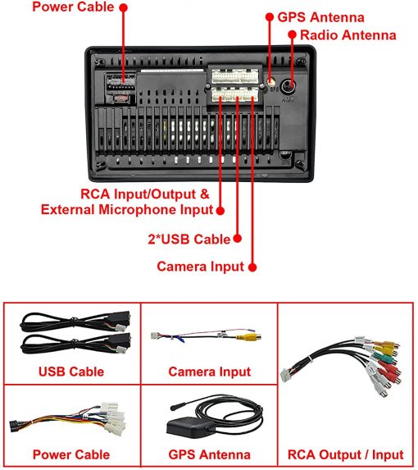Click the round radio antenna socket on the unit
(289, 86)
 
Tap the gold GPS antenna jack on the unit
(271, 82)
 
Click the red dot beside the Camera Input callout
(252, 267)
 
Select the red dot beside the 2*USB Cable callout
(238, 239)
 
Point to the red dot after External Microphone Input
(220, 211)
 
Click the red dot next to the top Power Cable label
(124, 8)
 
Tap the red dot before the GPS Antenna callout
(270, 16)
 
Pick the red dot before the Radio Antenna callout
(293, 34)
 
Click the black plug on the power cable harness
(13, 427)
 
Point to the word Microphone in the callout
(138, 209)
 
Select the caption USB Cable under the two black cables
(71, 372)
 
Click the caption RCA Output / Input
(346, 454)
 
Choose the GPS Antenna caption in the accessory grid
(209, 454)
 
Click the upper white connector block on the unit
(235, 76)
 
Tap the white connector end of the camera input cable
(154, 335)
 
